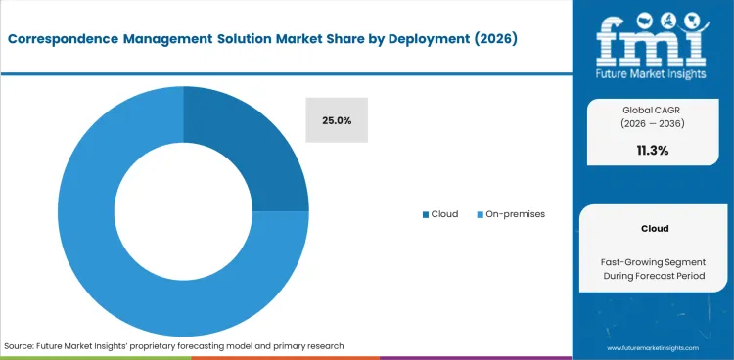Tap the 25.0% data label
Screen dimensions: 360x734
tap(337, 120)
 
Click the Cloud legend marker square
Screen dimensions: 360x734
tap(425, 214)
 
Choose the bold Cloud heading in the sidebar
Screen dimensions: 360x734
tap(655, 228)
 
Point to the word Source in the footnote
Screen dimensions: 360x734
tap(21, 346)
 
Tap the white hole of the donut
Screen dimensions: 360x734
tap(182, 211)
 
